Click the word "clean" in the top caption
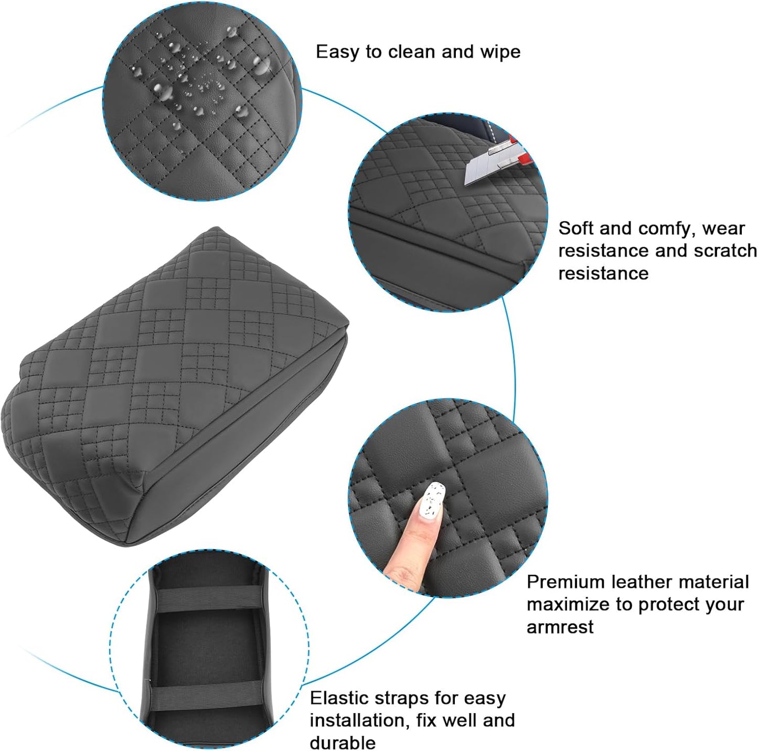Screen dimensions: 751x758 tap(412, 52)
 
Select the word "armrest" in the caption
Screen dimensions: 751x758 tap(560, 627)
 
